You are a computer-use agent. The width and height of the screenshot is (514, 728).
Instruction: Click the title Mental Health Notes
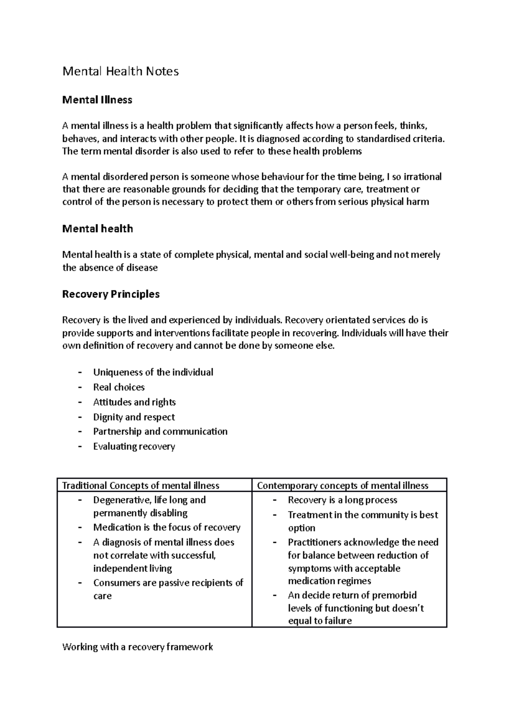click(x=120, y=71)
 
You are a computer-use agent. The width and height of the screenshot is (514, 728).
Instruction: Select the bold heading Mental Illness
click(x=97, y=100)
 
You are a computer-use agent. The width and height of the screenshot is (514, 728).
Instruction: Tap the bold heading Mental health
click(x=98, y=229)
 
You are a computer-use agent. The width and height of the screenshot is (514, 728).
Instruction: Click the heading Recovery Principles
click(x=111, y=294)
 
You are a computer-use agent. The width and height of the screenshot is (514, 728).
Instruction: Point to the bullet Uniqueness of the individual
click(x=153, y=372)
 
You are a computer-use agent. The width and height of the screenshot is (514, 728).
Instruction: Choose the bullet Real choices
click(x=119, y=387)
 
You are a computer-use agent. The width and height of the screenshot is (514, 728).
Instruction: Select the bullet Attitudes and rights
click(x=134, y=402)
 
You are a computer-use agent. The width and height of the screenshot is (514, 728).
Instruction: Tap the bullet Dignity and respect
click(x=134, y=417)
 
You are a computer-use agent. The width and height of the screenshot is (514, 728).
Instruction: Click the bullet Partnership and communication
click(x=160, y=431)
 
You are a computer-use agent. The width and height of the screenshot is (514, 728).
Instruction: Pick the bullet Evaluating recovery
click(x=134, y=446)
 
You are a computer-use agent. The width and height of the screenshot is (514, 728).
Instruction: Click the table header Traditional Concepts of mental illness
click(x=140, y=485)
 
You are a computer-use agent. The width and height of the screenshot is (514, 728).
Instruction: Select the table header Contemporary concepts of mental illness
click(x=342, y=485)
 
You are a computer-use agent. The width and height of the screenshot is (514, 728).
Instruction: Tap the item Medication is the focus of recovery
click(x=167, y=527)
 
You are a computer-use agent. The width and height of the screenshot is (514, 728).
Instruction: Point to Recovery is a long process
click(x=342, y=500)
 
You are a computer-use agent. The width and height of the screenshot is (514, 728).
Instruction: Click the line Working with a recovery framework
click(x=137, y=647)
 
